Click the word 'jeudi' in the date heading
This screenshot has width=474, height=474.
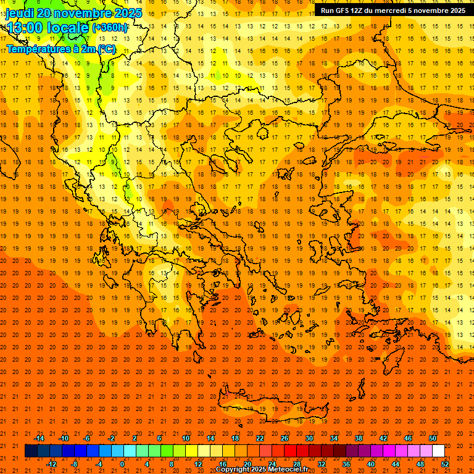(x=20, y=13)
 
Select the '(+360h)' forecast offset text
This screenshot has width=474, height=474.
(x=110, y=28)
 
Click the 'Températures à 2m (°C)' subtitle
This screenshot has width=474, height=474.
(x=60, y=49)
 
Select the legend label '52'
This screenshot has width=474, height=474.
(x=445, y=464)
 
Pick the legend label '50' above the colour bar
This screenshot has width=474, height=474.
(x=433, y=438)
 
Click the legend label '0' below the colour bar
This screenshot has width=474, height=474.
(x=122, y=464)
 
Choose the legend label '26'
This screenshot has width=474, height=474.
(x=285, y=438)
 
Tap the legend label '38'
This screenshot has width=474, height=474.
(x=359, y=438)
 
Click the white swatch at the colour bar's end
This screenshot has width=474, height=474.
(x=438, y=451)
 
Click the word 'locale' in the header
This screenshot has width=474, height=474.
(x=69, y=28)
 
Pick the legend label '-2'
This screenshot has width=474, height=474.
(x=111, y=438)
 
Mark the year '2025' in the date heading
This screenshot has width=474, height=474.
(x=128, y=13)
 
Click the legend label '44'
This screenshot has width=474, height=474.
(x=396, y=464)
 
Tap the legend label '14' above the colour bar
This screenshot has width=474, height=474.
(x=210, y=438)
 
